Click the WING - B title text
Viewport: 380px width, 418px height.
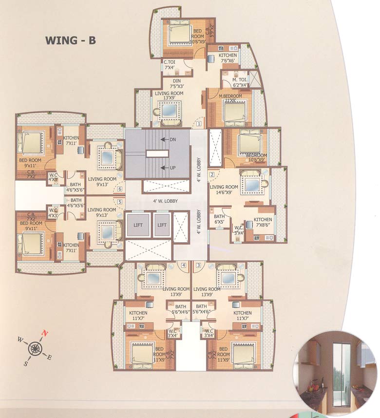(x=71, y=40)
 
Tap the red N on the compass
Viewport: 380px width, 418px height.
(x=45, y=334)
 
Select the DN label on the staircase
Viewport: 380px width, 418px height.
(x=172, y=140)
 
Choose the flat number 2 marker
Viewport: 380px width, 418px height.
(x=212, y=174)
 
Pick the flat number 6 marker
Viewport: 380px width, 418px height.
(x=120, y=189)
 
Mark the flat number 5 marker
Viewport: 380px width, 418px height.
(x=120, y=201)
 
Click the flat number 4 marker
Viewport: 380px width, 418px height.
(x=184, y=265)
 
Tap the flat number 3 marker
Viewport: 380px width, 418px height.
(x=198, y=265)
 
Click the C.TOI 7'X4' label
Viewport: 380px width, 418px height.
(x=170, y=65)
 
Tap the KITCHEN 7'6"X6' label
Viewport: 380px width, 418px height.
(x=228, y=58)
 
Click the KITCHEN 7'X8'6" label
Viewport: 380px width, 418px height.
(x=263, y=222)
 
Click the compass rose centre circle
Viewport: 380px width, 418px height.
(x=35, y=348)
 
